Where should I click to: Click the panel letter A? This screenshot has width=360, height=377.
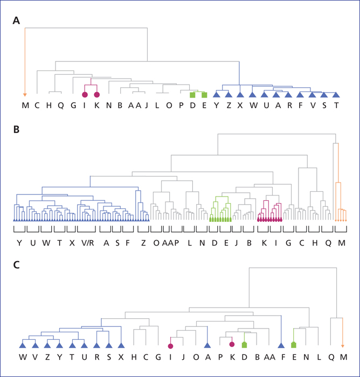click(x=16, y=20)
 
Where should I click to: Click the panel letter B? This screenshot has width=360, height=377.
click(x=16, y=130)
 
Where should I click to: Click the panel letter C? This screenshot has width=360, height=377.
click(x=16, y=265)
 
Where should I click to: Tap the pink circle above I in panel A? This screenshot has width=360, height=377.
click(x=85, y=95)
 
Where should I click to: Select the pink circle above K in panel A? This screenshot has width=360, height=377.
click(x=97, y=95)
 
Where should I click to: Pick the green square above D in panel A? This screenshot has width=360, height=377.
click(x=192, y=95)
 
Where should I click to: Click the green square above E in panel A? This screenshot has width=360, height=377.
click(x=204, y=95)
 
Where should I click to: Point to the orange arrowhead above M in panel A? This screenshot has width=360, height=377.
click(x=25, y=95)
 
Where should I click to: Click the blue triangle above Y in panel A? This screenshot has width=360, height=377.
click(x=217, y=95)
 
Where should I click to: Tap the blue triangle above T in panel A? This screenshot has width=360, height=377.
click(x=336, y=95)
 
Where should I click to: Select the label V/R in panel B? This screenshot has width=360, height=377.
click(x=88, y=243)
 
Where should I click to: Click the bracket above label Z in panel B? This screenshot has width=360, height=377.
click(x=143, y=229)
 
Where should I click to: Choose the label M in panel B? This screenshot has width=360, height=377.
click(x=342, y=243)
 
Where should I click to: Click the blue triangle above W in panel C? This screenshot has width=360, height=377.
click(x=23, y=345)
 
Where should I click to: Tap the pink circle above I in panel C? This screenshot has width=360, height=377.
click(x=170, y=346)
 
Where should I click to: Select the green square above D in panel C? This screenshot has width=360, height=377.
click(x=244, y=345)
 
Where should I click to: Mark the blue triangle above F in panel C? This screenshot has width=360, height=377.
click(x=281, y=346)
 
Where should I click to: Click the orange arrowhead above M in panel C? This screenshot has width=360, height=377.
click(x=343, y=346)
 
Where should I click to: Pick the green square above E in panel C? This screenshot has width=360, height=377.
click(x=294, y=345)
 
